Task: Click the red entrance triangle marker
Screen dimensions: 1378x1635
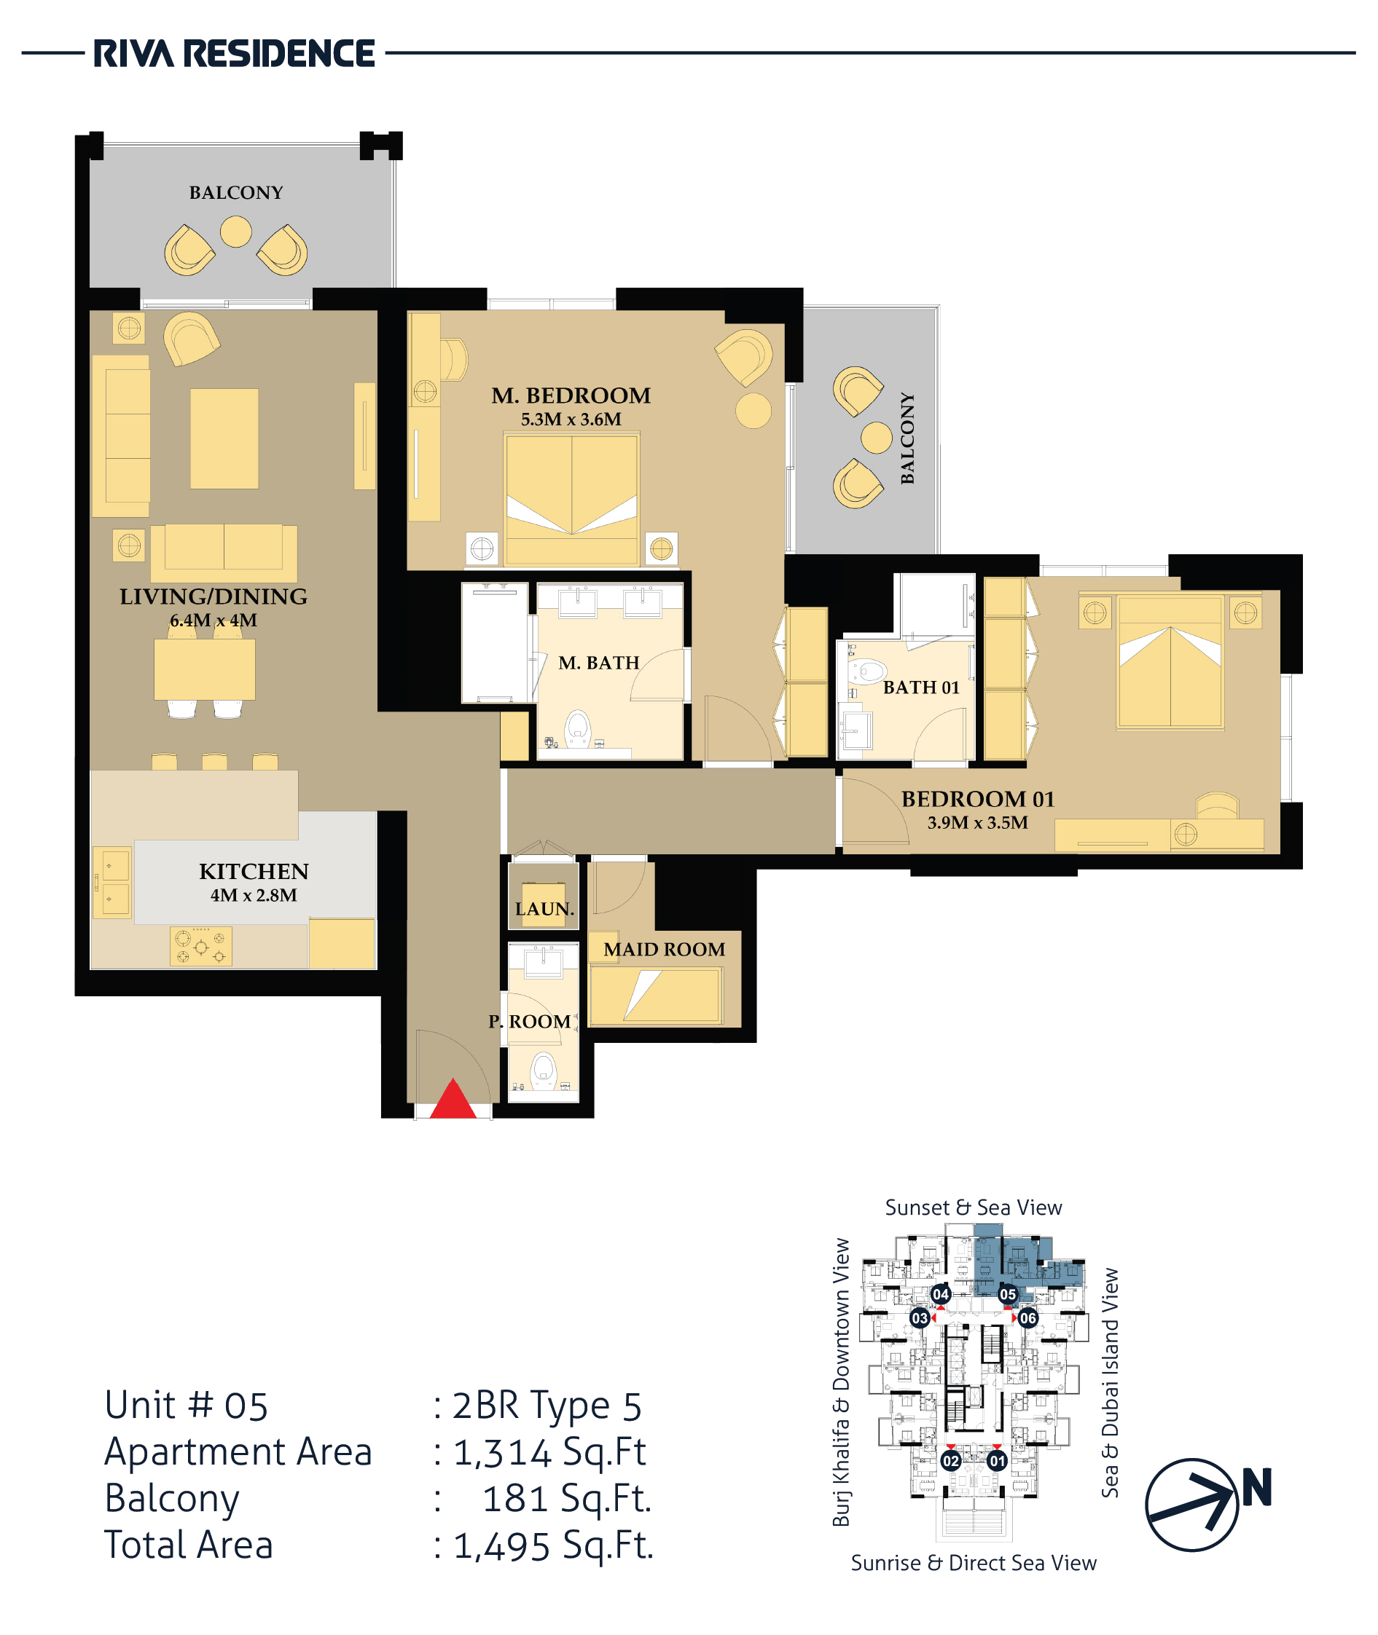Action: [x=453, y=1100]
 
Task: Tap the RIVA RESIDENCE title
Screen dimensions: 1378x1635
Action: [x=235, y=54]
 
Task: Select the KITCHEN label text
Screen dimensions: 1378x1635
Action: [x=254, y=870]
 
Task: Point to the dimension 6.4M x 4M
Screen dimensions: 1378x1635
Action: [x=214, y=620]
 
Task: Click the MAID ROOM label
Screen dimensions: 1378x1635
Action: [x=664, y=949]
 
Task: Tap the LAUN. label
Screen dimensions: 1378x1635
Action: [x=544, y=909]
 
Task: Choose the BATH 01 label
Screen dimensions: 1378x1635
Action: [x=921, y=687]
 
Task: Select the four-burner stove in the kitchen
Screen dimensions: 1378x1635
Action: [x=201, y=946]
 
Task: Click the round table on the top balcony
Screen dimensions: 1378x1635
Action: [x=236, y=231]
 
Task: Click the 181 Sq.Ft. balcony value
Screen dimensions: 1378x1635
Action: [x=567, y=1498]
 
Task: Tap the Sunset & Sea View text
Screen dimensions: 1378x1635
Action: [x=974, y=1207]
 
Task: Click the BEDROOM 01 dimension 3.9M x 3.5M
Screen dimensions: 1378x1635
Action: [x=977, y=822]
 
